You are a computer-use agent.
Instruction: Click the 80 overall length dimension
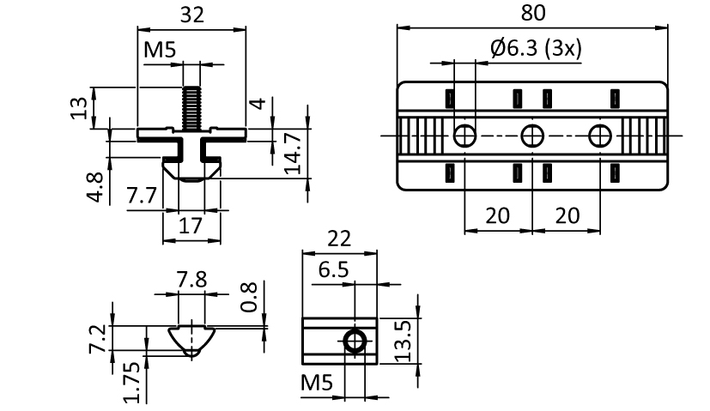coord(533,13)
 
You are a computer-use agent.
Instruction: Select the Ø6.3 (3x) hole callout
coord(536,47)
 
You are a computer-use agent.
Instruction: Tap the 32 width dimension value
coord(192,15)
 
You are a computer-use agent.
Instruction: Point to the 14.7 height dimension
coord(294,153)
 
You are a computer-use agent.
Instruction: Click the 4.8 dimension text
coord(96,186)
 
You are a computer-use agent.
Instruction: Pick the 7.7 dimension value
coord(142,196)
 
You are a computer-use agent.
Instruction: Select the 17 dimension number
coord(191,226)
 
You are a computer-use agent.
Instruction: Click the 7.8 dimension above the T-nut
coord(192,280)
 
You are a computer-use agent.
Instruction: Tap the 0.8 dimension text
coord(249,298)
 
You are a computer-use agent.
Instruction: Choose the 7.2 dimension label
coord(98,339)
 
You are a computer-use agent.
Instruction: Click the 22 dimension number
coord(339,239)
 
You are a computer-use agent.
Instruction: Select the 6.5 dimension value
coord(334,269)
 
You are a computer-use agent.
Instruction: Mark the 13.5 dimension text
coord(403,341)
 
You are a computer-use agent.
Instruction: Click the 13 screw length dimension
coord(79,108)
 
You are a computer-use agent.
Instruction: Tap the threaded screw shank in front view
coord(191,108)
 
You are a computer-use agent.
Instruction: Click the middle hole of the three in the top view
coord(532,136)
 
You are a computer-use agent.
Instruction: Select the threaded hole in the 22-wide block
coord(355,341)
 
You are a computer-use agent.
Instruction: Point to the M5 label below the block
coord(317,383)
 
